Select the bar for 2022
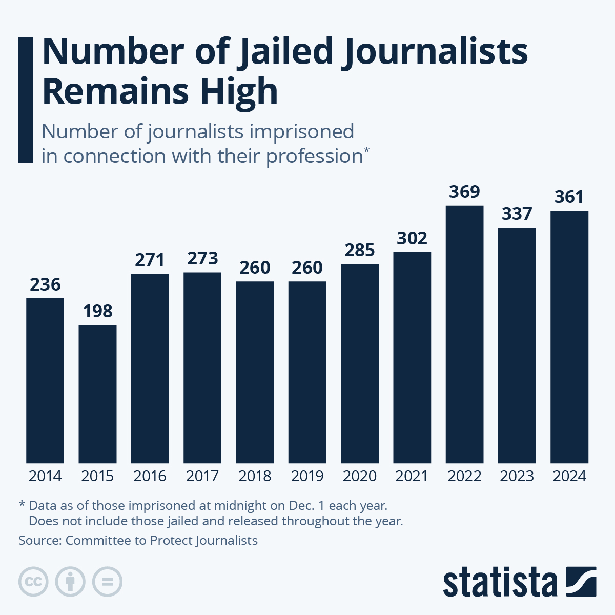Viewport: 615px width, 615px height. click(464, 334)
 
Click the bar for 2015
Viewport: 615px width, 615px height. click(97, 394)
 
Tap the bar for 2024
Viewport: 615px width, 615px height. click(569, 337)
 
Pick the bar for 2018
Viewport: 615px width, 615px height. click(255, 372)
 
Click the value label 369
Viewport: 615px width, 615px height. click(464, 192)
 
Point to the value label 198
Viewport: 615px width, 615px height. click(97, 311)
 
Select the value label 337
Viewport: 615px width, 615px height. click(517, 214)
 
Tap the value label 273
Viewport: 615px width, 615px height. click(202, 258)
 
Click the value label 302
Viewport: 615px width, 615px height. click(412, 238)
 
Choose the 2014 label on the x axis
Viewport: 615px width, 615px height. click(45, 476)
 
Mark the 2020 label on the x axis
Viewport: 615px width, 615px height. click(360, 476)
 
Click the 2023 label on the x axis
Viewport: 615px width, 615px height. click(517, 476)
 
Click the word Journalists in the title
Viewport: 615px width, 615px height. click(435, 52)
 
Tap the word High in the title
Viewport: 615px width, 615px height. click(239, 91)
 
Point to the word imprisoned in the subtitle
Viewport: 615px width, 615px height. click(301, 132)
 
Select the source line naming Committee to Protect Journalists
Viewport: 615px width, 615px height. click(138, 540)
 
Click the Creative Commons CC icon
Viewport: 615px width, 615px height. click(33, 582)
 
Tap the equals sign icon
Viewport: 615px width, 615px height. click(107, 582)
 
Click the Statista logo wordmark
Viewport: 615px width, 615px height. click(500, 582)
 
